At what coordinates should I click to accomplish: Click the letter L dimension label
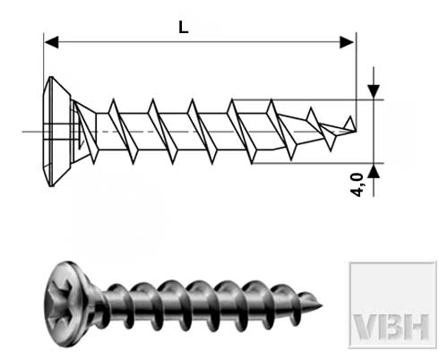pos(184,28)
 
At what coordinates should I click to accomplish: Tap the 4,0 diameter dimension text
pos(358,184)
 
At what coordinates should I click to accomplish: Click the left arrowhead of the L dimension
pos(51,42)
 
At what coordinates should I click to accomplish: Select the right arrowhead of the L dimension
pos(347,42)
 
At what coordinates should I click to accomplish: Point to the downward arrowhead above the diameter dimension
pos(374,91)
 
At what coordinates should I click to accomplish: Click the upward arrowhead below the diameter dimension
pos(374,171)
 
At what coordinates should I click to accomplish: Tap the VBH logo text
pos(392,327)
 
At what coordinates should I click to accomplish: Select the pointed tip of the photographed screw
pos(322,305)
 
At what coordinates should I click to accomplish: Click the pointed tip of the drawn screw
pos(356,131)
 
